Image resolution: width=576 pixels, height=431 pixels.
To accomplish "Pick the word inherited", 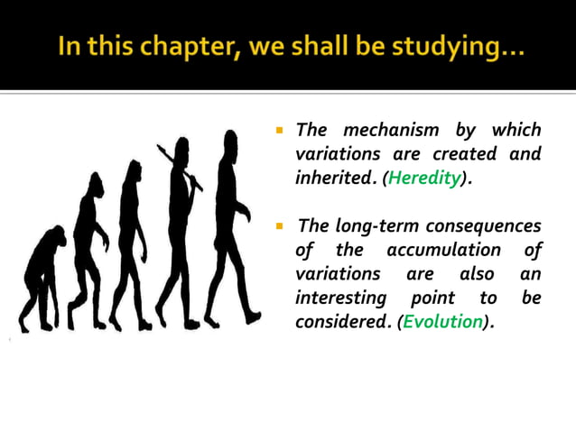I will pyautogui.click(x=334, y=179).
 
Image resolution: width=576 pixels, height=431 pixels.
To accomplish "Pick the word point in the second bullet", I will pyautogui.click(x=432, y=298).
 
